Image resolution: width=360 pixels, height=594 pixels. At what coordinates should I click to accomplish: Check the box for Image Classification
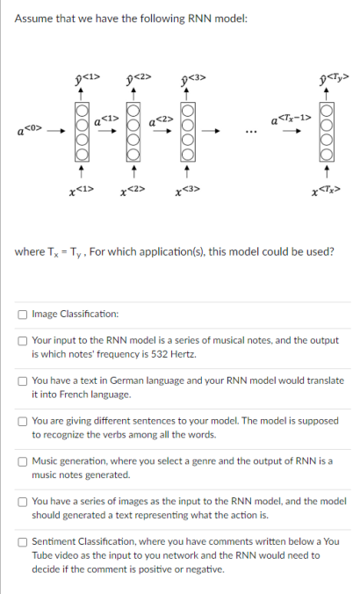pyautogui.click(x=23, y=314)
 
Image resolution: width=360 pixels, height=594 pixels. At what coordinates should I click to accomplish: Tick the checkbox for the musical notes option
pyautogui.click(x=23, y=339)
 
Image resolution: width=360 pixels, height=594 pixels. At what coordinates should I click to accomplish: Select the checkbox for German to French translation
pyautogui.click(x=23, y=380)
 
